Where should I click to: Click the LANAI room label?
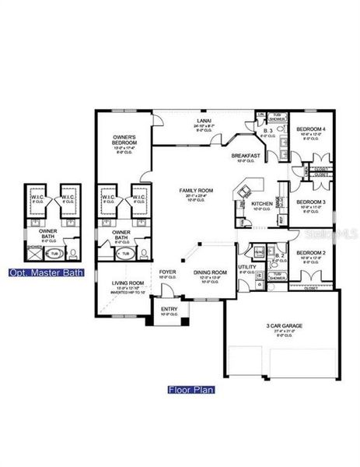click(x=204, y=121)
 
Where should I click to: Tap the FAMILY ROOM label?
click(x=196, y=191)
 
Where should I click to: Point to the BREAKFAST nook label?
click(x=245, y=156)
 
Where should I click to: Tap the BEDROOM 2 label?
click(x=311, y=252)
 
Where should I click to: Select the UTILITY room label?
click(x=247, y=267)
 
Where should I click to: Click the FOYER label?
click(x=168, y=272)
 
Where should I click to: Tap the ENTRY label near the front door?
click(x=169, y=309)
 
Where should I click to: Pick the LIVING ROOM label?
click(x=128, y=283)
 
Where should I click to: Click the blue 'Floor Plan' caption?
click(x=191, y=389)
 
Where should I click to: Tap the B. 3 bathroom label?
click(x=266, y=131)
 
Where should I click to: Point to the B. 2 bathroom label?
click(x=280, y=255)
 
